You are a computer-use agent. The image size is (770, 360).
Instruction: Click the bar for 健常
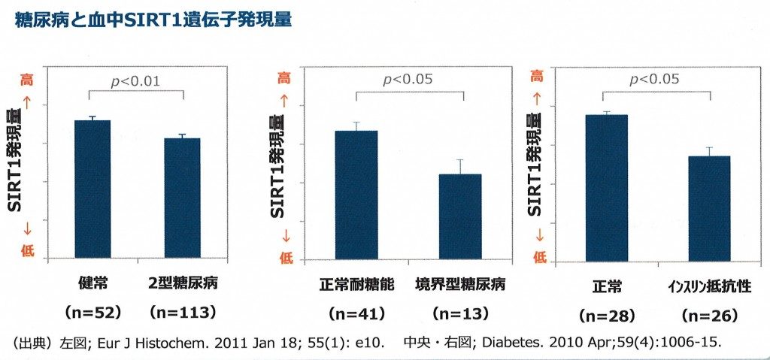tap(92, 189)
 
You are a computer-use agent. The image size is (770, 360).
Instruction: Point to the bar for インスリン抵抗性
tap(709, 208)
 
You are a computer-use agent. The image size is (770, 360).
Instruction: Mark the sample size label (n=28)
tap(608, 316)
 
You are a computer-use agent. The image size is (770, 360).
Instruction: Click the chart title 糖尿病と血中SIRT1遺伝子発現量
tap(153, 20)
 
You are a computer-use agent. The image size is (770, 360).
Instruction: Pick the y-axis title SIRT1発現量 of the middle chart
tap(277, 166)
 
